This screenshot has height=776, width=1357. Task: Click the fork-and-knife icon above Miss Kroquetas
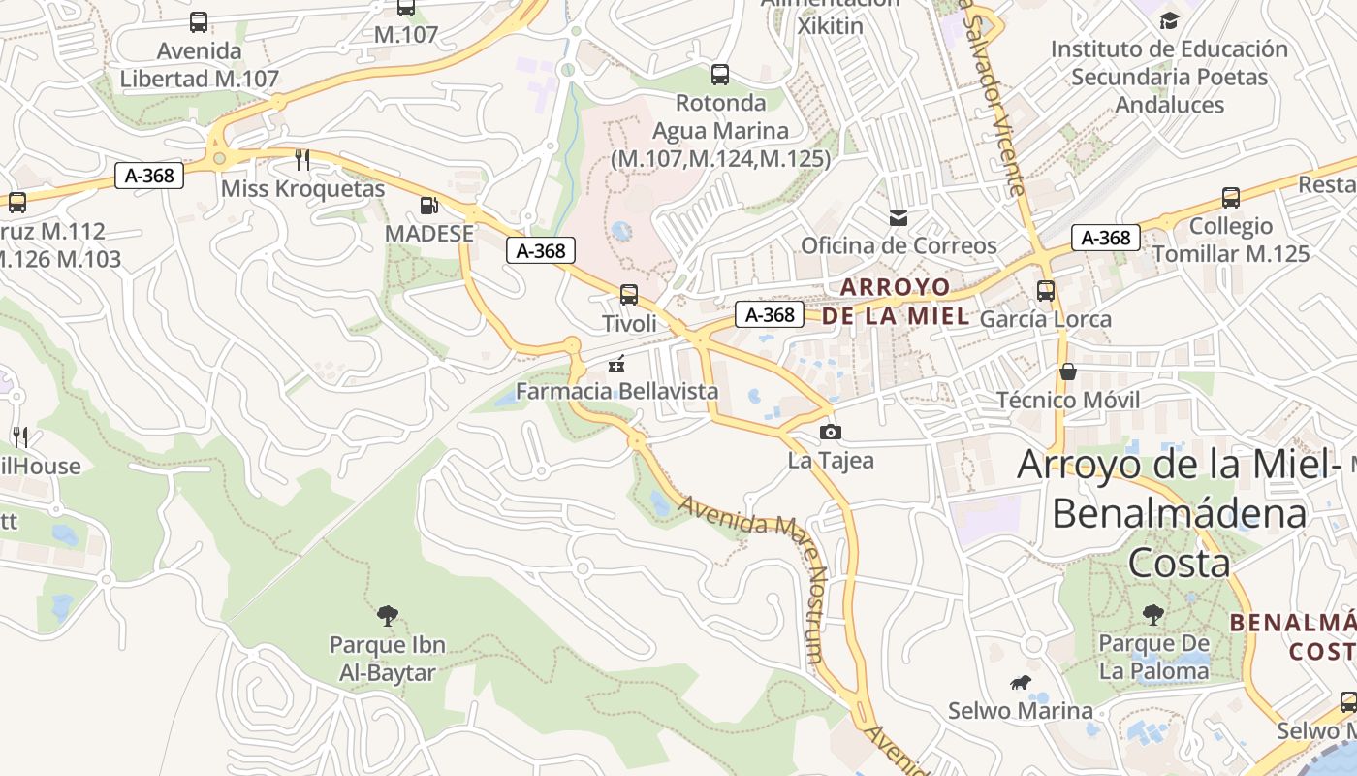pos(302,159)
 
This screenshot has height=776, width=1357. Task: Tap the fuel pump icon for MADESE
pos(428,206)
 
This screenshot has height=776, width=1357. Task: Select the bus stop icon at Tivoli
pos(629,294)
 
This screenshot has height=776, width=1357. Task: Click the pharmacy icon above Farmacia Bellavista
pos(615,364)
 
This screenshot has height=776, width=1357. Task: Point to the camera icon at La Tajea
pos(830,432)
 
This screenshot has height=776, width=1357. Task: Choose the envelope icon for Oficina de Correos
pos(899,217)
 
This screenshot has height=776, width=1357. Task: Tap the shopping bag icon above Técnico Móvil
pos(1067,372)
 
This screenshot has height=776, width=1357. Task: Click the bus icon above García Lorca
pos(1045,290)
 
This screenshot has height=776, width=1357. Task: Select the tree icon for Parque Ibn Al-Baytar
pos(387,615)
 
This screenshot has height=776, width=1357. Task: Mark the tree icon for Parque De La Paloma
pos(1152,614)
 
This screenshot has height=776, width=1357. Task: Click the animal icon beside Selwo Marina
pos(1020,683)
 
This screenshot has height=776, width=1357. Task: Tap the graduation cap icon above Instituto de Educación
pos(1169,20)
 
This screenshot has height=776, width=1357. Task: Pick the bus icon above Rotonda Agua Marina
pos(719,74)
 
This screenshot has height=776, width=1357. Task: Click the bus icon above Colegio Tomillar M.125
pos(1230,198)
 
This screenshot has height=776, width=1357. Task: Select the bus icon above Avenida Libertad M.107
pos(199,21)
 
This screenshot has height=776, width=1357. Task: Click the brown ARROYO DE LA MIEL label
pos(895,301)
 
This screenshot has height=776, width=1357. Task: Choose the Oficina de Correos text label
pos(899,245)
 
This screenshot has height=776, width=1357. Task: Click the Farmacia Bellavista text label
pos(616,391)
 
